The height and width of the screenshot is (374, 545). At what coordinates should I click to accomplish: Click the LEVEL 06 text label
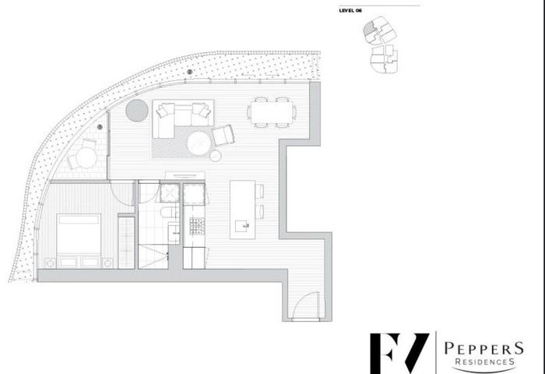coord(350,10)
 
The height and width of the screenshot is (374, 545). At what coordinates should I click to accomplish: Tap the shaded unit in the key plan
coord(368,28)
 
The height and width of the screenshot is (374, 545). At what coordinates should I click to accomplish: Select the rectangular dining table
coord(272,112)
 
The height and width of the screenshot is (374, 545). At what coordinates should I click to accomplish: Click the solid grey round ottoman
coord(136,111)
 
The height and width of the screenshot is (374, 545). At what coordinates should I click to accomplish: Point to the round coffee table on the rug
coord(199,143)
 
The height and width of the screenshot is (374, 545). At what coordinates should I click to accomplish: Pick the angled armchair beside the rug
coord(223,135)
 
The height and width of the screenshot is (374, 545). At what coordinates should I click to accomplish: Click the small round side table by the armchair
coord(216,156)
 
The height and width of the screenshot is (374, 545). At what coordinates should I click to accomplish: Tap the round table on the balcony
coord(86,157)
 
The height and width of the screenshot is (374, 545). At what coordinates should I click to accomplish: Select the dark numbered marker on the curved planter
coord(189,72)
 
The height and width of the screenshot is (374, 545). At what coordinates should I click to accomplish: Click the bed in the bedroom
coord(79,241)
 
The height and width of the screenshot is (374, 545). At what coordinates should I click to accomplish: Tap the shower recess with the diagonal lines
coord(153,256)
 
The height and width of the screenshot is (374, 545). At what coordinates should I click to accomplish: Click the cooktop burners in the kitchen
coord(197,226)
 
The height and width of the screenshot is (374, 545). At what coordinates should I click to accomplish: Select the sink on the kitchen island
coord(242,226)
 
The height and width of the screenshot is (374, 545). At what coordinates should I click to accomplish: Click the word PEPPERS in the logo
coord(483,348)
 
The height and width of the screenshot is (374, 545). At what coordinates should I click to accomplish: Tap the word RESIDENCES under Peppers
coord(484,362)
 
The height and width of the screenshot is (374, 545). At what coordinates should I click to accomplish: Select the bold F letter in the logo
coord(385,354)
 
